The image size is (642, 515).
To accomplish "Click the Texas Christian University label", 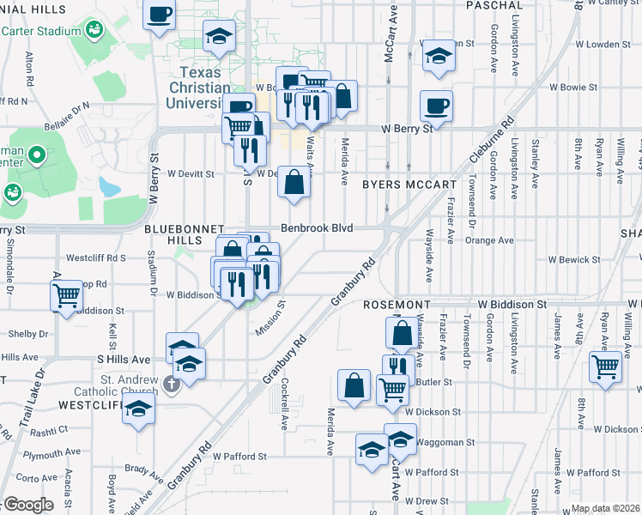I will pos(206,88).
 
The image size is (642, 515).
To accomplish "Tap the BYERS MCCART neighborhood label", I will pos(409,185).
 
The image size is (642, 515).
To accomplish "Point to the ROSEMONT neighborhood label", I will pos(396,305).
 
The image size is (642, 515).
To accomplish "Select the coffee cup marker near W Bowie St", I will pos(436,106).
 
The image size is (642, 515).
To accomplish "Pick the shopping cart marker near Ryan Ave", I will pos(605,367).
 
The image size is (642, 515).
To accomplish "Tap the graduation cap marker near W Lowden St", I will pos(439,55).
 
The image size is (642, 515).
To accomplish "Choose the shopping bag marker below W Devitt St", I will pos(294,182).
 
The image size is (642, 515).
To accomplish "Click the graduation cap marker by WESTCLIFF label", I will pos(137,409).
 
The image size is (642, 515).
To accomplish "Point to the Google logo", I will pos(29,505).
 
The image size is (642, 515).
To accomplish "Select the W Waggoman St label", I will pos(445,442).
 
